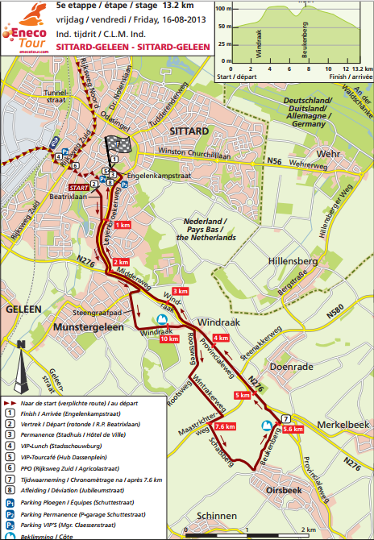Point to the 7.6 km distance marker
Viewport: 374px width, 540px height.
point(226,426)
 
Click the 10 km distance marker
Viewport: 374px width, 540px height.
point(168,339)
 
